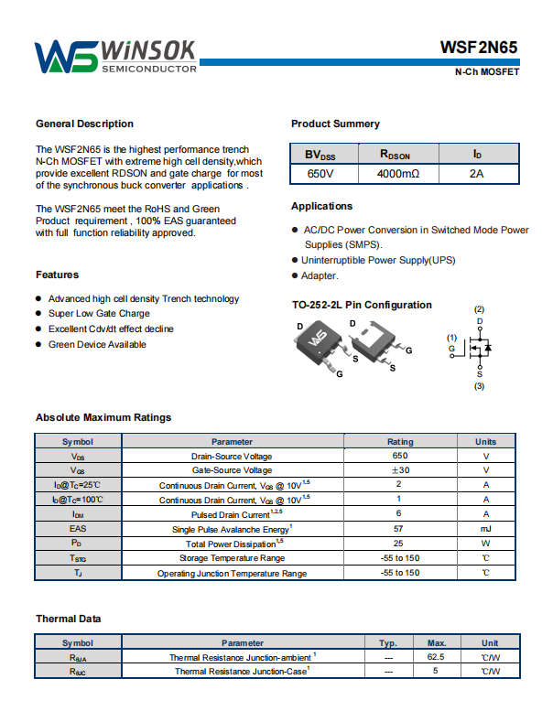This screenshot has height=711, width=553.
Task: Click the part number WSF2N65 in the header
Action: [479, 48]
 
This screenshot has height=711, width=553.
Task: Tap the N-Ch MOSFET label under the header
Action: [487, 72]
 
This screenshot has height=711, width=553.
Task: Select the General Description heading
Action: [84, 124]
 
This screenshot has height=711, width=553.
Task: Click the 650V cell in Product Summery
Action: [320, 173]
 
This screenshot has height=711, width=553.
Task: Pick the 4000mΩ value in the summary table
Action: [397, 173]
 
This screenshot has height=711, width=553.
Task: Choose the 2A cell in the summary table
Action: [476, 173]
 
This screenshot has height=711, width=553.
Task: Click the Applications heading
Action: [321, 206]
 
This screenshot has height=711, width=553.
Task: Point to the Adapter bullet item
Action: [320, 275]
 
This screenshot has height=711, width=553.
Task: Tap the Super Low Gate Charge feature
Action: [99, 314]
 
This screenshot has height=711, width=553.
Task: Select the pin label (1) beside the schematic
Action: [451, 338]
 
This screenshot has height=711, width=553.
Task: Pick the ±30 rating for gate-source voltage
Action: [399, 470]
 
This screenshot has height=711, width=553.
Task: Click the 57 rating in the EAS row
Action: [399, 529]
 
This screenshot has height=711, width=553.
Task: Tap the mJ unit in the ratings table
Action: [485, 529]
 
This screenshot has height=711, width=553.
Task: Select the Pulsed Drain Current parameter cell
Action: [232, 514]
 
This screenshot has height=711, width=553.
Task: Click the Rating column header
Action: [399, 441]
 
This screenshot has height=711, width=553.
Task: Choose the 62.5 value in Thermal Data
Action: [436, 657]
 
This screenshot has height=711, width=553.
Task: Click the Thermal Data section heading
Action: [68, 619]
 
